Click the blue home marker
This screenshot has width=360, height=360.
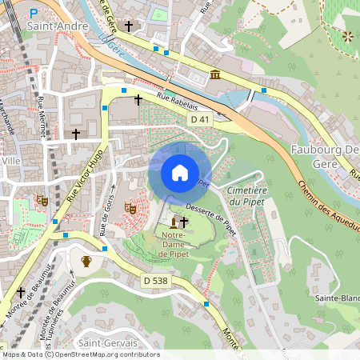point(180,173)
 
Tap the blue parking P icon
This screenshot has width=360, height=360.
point(33,13)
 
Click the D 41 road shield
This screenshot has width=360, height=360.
point(200,119)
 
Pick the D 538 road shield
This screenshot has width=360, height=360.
point(157,281)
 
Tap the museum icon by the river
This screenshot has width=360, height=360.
point(216,75)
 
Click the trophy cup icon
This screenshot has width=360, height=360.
point(86,261)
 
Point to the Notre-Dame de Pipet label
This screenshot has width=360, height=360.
point(174,245)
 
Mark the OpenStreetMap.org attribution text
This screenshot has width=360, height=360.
point(105,354)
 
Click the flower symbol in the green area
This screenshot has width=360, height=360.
point(347,37)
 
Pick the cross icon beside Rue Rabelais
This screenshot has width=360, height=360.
point(138,100)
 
